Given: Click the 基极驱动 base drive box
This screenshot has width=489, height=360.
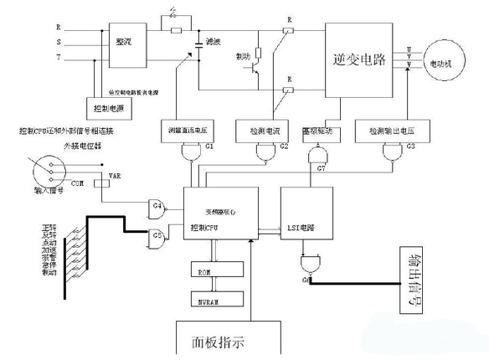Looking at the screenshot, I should click(x=317, y=131).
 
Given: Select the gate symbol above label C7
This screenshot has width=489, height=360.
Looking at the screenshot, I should click(x=317, y=157).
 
